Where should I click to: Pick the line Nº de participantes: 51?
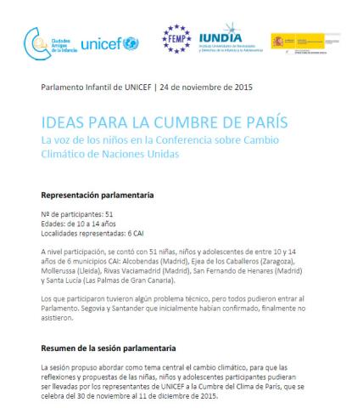click(x=77, y=214)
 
